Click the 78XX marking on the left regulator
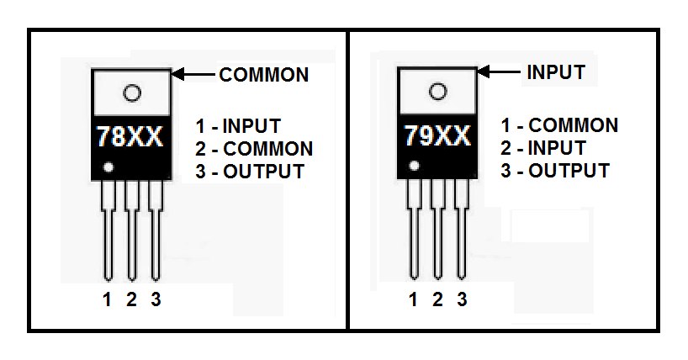[130, 136]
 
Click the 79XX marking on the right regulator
[437, 135]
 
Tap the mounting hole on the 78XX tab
[132, 93]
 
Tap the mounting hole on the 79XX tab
[437, 92]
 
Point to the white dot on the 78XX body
[108, 167]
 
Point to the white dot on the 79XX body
[414, 166]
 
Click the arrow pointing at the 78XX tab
[193, 74]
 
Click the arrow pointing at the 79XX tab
[499, 71]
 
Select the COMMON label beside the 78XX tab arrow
[264, 75]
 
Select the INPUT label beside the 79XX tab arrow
[556, 72]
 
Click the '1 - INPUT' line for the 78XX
[238, 126]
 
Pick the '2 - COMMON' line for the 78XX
[254, 149]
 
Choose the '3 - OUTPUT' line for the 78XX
[250, 172]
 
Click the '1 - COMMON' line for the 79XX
[559, 125]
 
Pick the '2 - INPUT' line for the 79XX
[543, 148]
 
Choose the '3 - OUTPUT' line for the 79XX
[555, 171]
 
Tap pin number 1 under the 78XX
[107, 299]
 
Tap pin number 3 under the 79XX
[462, 299]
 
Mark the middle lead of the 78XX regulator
[132, 230]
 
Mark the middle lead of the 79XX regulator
[437, 230]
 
